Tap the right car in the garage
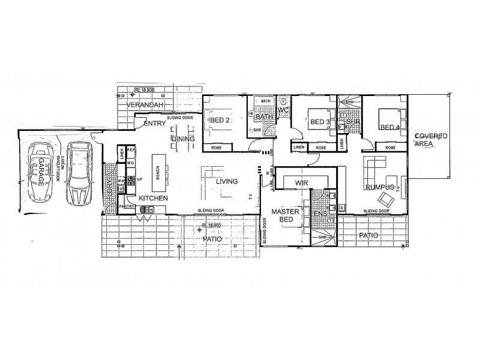pyautogui.click(x=77, y=174)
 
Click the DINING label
pyautogui.click(x=182, y=139)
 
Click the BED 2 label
pyautogui.click(x=220, y=121)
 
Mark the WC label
pyautogui.click(x=283, y=110)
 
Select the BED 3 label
pyautogui.click(x=320, y=122)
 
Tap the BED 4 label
pyautogui.click(x=389, y=127)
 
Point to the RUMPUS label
pyautogui.click(x=379, y=187)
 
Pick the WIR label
pyautogui.click(x=301, y=181)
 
